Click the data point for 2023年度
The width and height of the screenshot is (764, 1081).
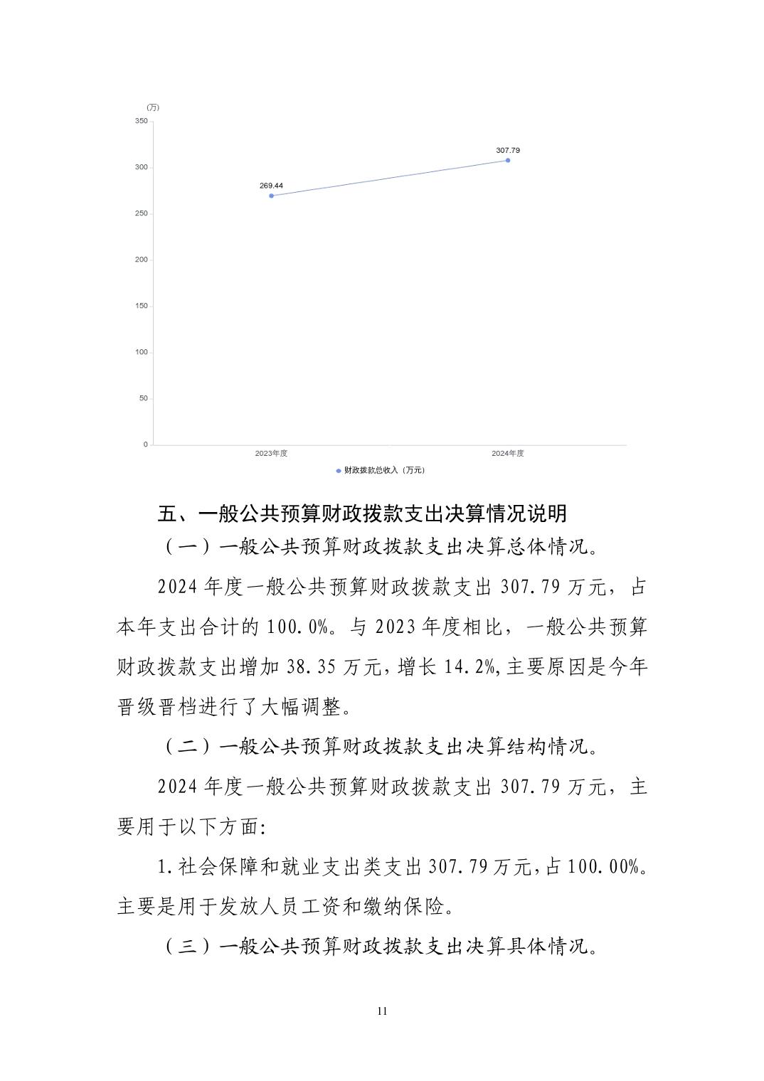(x=271, y=196)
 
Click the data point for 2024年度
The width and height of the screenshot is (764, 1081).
(x=508, y=160)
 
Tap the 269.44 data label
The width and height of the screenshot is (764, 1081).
(x=271, y=186)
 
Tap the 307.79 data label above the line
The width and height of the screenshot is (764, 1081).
(x=508, y=151)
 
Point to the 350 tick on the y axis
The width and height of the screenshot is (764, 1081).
(x=142, y=122)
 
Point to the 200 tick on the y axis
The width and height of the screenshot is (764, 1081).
(x=142, y=260)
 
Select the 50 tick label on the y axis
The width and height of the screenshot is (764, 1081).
(x=144, y=398)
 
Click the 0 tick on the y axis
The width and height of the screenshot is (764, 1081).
(x=146, y=444)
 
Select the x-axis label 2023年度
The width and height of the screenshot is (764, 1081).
(x=271, y=454)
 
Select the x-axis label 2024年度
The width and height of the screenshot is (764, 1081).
(x=508, y=454)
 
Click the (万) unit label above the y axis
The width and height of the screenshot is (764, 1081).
(x=153, y=107)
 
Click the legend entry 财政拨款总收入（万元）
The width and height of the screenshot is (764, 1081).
(x=381, y=470)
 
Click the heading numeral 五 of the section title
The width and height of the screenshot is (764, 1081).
(x=166, y=513)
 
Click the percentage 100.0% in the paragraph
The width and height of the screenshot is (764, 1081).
(x=298, y=628)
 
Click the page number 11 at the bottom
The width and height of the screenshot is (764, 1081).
(x=382, y=1011)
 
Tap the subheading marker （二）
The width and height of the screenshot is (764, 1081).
(x=187, y=747)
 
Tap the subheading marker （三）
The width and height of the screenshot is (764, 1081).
(x=187, y=947)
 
